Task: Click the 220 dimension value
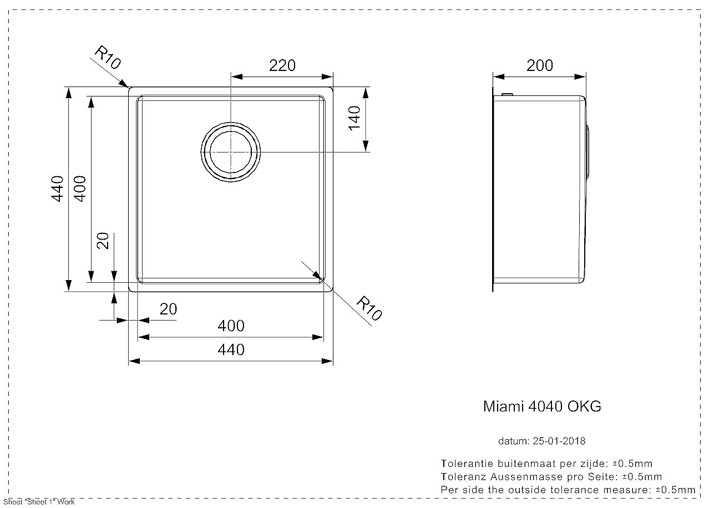(x=282, y=65)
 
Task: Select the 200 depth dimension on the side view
(x=540, y=65)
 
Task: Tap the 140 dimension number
(x=354, y=118)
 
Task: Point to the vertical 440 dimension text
(x=57, y=189)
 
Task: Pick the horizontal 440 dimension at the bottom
(x=231, y=350)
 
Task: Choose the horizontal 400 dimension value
(x=231, y=326)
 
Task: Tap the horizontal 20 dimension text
(x=169, y=309)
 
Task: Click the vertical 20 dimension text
(x=103, y=241)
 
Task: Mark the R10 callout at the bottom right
(x=369, y=308)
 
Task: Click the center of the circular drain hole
(x=231, y=152)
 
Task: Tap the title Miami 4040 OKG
(x=542, y=407)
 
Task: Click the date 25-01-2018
(x=559, y=441)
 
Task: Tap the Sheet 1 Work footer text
(x=39, y=502)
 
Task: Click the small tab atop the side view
(x=508, y=94)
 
